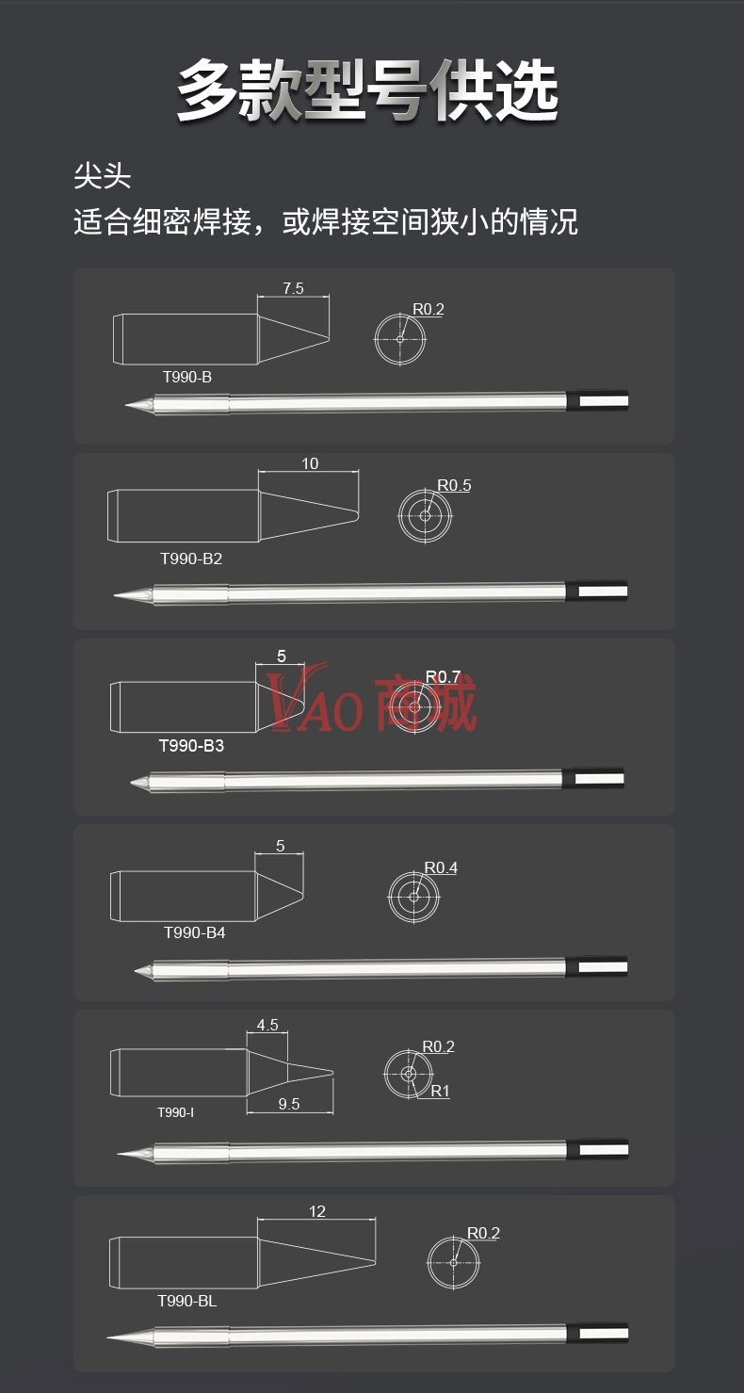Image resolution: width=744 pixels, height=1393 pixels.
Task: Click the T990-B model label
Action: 187,377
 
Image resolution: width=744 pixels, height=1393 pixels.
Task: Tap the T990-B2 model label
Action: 191,559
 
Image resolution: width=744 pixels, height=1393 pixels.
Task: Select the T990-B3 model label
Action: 191,746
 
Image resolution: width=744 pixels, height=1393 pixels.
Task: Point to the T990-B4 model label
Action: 194,932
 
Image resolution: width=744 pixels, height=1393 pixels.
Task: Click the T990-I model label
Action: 175,1112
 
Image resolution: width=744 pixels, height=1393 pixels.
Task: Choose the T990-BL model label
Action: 186,1301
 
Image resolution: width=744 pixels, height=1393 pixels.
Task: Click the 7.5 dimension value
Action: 293,288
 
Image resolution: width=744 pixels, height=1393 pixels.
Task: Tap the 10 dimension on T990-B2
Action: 310,464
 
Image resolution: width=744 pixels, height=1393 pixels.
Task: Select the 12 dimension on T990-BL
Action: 317,1211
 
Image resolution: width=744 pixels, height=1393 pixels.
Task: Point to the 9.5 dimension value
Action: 289,1104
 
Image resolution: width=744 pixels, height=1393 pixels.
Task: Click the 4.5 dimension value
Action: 267,1025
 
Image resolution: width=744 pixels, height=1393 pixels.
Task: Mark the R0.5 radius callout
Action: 454,485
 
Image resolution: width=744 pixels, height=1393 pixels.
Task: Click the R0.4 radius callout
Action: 441,867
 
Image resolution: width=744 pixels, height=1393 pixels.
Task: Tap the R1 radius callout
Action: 440,1091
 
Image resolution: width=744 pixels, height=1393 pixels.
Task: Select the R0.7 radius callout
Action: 443,676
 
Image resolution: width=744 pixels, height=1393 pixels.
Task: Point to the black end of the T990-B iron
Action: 597,400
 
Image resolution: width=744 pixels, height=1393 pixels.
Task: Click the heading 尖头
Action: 102,176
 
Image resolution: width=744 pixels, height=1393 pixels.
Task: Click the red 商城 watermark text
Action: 426,704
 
